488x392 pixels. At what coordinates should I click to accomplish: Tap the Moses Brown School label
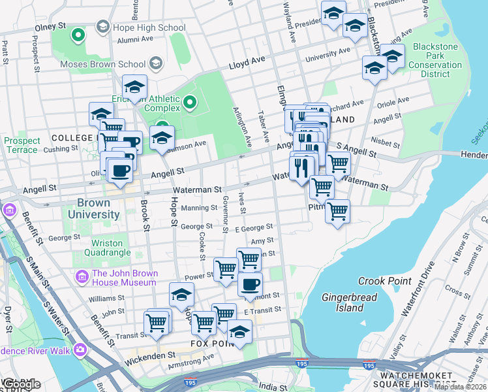(102, 65)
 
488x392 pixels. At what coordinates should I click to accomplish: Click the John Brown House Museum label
(124, 278)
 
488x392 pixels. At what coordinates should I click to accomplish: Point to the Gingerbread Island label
(342, 302)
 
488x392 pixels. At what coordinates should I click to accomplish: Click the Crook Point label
(380, 281)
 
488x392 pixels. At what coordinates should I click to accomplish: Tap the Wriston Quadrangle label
(107, 248)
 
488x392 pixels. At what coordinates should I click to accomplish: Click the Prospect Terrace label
(22, 145)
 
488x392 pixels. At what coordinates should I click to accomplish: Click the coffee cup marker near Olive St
(119, 171)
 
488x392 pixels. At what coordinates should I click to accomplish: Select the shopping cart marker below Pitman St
(337, 211)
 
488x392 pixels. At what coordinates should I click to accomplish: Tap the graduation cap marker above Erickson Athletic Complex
(135, 86)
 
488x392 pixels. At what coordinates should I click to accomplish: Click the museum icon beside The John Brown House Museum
(82, 277)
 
